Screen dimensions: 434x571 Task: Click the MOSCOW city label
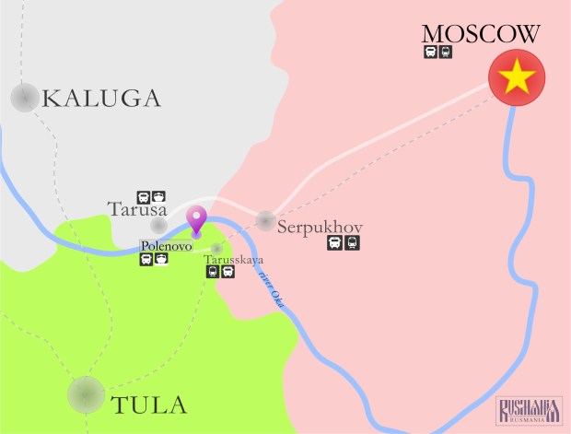[480, 34]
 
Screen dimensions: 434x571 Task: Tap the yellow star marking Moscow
[517, 78]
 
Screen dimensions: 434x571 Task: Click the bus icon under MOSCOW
[430, 53]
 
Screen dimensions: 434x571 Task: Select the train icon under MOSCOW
[446, 53]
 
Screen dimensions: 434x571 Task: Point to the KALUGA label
[101, 98]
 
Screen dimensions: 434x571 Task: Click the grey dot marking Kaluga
[25, 97]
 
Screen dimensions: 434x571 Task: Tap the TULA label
[148, 405]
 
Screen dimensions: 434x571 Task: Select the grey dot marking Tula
[86, 394]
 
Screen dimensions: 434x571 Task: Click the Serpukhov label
[320, 226]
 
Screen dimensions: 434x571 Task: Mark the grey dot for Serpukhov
[265, 220]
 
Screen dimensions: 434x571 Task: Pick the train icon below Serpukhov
[351, 243]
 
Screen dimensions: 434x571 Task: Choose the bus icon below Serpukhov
[335, 243]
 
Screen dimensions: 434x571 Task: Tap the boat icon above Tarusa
[158, 196]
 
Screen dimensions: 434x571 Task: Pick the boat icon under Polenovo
[161, 259]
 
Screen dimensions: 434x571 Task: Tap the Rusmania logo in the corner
[530, 411]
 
